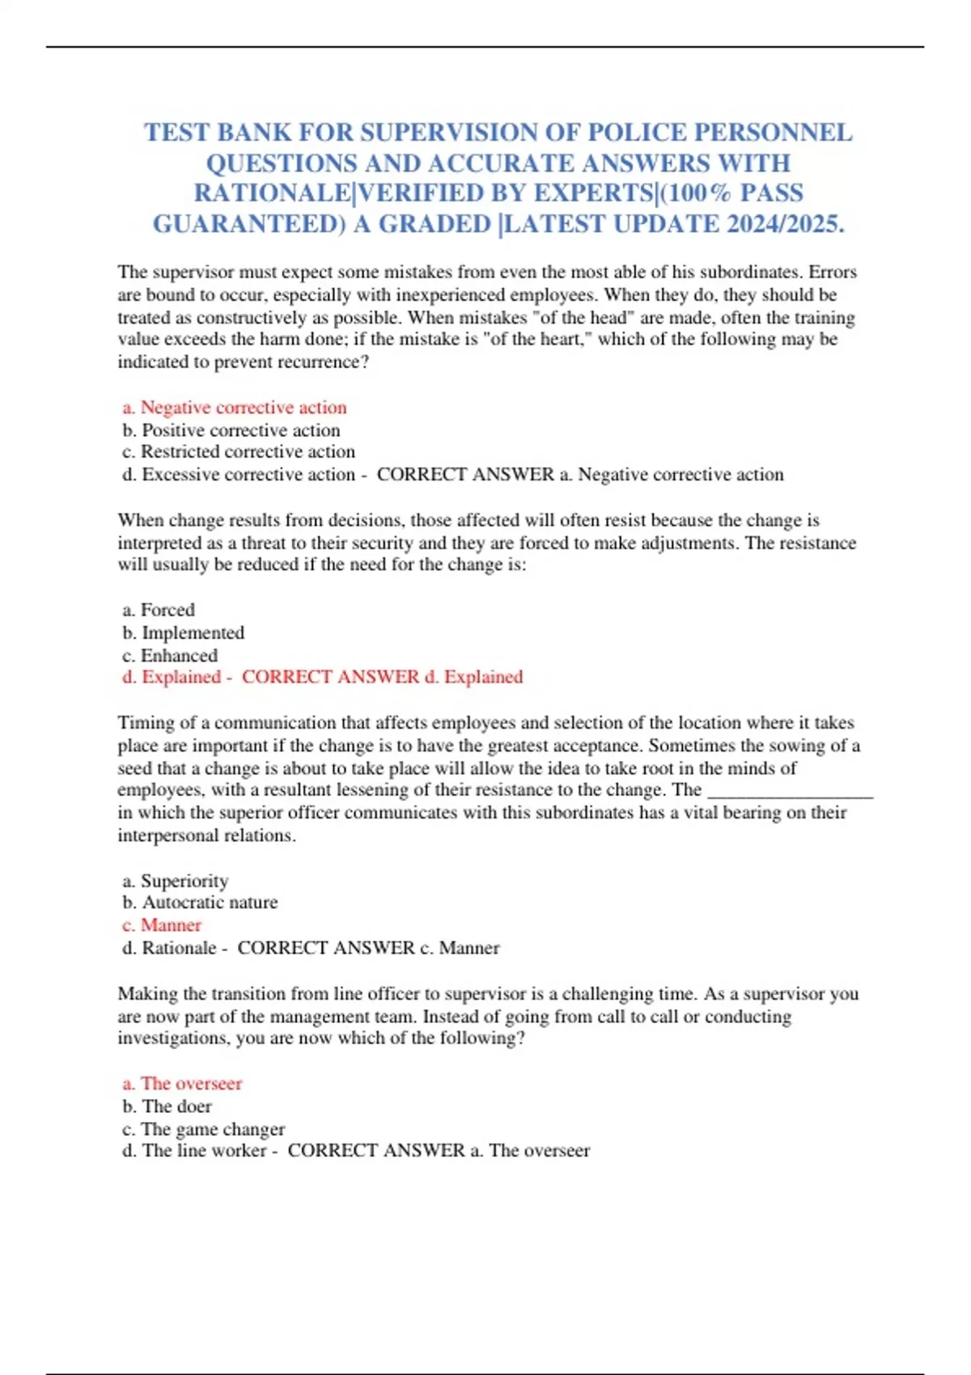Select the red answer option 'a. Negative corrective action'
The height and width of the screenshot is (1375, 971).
tap(235, 408)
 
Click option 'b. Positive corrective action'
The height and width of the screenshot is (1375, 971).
tap(231, 430)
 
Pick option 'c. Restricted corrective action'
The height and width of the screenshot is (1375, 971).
tap(239, 451)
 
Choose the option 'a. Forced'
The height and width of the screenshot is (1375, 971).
tap(159, 610)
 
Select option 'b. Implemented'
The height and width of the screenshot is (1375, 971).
tap(183, 632)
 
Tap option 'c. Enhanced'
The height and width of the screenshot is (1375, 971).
tap(170, 655)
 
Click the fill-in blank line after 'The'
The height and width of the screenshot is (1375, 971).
tap(791, 791)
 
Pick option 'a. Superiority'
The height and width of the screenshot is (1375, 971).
tap(176, 881)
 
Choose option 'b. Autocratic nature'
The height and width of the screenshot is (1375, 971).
tap(200, 903)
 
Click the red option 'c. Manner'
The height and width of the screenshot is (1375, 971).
tap(162, 925)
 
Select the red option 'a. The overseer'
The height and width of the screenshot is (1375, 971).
tap(183, 1084)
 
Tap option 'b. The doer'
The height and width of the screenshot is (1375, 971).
tap(167, 1106)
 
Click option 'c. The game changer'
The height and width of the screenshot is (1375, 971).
tap(204, 1129)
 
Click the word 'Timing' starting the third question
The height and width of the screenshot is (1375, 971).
tap(142, 723)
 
